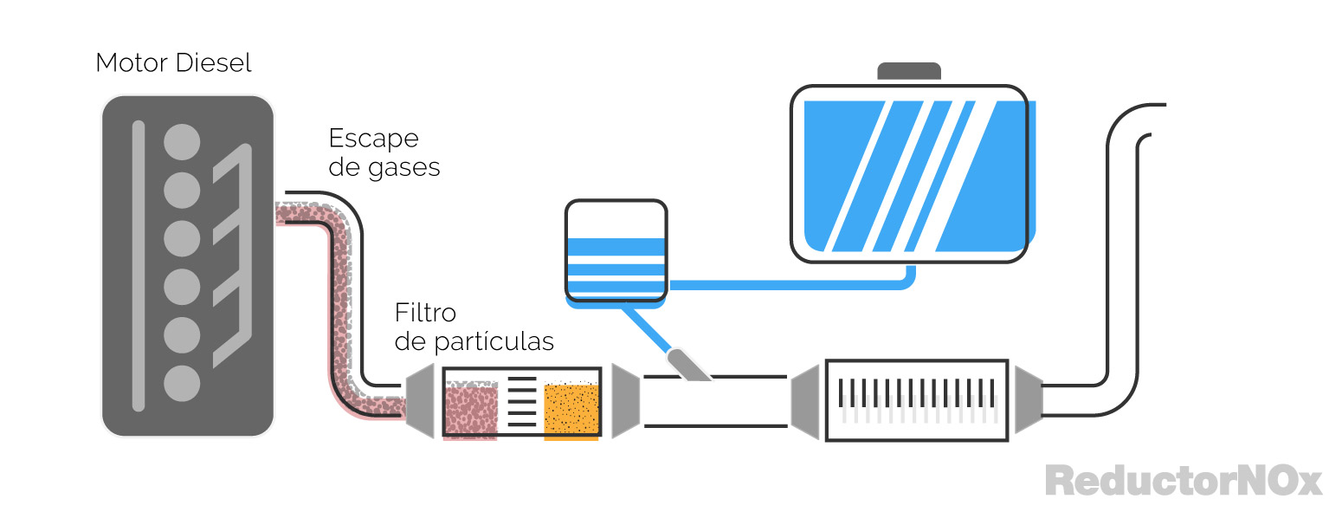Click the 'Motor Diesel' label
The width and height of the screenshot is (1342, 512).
(x=173, y=63)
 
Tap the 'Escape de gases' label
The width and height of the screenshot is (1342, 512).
(x=384, y=152)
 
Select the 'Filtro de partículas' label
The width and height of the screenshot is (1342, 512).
(x=474, y=327)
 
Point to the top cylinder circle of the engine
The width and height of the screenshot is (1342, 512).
(x=182, y=141)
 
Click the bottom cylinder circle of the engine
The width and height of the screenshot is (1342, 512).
(x=182, y=382)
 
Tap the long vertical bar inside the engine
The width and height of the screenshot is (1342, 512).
(x=138, y=265)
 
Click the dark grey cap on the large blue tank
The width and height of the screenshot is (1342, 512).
(x=909, y=71)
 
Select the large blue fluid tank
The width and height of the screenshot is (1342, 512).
(x=909, y=173)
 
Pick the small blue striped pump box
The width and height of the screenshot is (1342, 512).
(x=616, y=253)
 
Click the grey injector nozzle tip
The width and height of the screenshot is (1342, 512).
(x=688, y=365)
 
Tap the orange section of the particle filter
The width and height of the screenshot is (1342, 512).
(x=571, y=410)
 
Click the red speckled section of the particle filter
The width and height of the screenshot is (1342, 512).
(x=471, y=411)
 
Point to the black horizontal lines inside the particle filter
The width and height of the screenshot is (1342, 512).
(x=521, y=401)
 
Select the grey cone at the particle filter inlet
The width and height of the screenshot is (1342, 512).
(x=419, y=400)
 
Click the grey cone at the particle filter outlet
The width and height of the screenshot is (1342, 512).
(x=625, y=400)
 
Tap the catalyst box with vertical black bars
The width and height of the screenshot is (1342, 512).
(x=917, y=400)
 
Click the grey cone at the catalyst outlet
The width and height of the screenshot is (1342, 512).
(x=1029, y=399)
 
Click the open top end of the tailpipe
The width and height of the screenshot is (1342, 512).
(x=1156, y=120)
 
